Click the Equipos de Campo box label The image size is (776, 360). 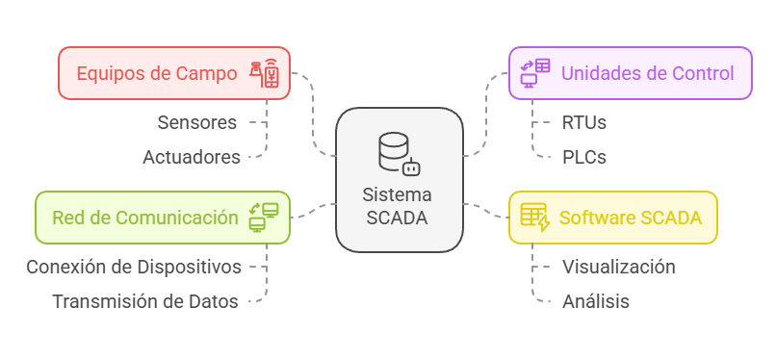click(156, 73)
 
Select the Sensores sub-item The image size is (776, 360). click(197, 122)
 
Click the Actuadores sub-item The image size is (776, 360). click(192, 157)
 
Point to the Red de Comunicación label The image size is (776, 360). click(144, 217)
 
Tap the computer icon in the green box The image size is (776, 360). click(263, 217)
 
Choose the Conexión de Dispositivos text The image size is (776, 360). click(134, 267)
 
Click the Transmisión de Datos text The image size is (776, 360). click(145, 301)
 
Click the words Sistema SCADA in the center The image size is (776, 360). click(398, 205)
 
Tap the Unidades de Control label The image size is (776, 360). click(647, 73)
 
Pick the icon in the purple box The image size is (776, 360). click(535, 73)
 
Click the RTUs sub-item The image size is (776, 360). click(584, 122)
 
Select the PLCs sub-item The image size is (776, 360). click(584, 157)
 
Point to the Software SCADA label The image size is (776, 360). click(630, 217)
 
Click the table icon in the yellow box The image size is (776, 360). click(534, 217)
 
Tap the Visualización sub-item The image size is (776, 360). click(618, 267)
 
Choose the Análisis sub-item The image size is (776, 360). click(596, 301)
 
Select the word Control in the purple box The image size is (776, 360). click(702, 73)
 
